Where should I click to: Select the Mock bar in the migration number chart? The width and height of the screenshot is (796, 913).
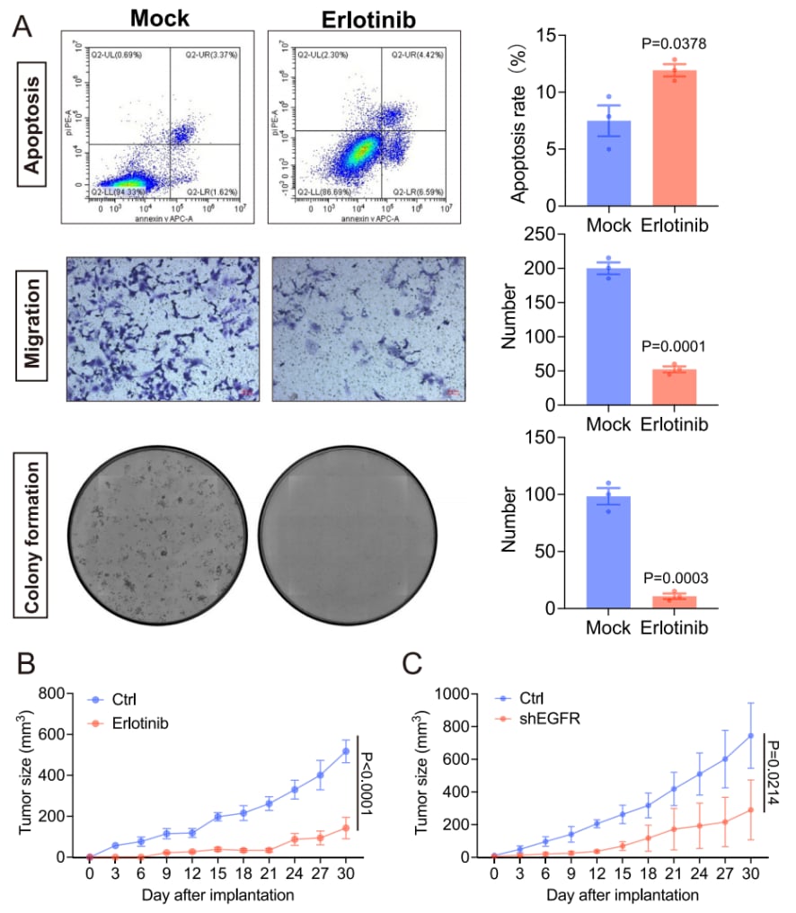tap(608, 337)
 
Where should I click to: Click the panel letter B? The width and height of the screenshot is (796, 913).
tap(28, 666)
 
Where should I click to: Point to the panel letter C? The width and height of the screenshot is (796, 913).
tap(412, 666)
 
